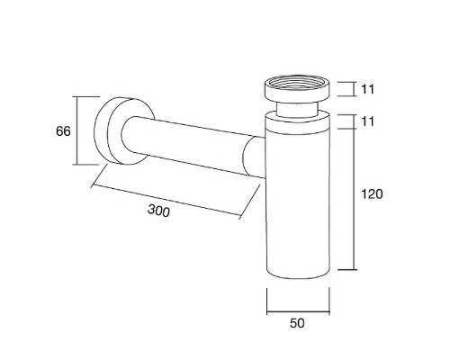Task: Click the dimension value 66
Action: tap(63, 131)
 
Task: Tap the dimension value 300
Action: tap(158, 211)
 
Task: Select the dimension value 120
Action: tap(372, 194)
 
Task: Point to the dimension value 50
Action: tap(297, 323)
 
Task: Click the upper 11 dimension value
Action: tap(367, 89)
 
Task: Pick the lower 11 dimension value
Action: tap(367, 121)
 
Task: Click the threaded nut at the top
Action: tap(297, 88)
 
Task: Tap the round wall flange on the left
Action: tap(123, 130)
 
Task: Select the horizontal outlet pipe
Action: tap(192, 146)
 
